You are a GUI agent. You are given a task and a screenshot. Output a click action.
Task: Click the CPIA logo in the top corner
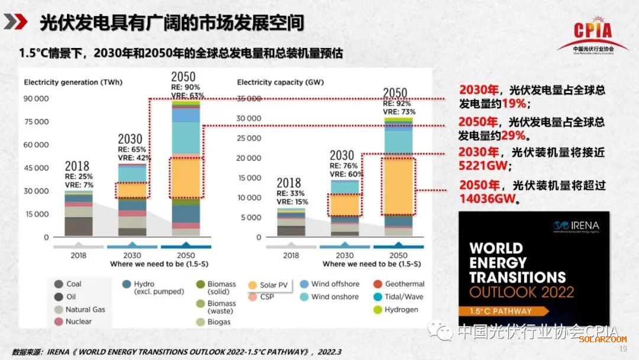(593, 33)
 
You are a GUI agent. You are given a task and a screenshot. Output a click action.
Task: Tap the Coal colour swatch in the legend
(58, 284)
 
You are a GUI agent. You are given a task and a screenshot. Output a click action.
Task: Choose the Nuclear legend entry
(72, 322)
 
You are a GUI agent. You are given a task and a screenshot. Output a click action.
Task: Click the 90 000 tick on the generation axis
(36, 99)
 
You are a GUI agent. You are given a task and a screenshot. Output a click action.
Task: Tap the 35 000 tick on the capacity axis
(248, 99)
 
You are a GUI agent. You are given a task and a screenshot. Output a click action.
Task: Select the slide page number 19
(622, 349)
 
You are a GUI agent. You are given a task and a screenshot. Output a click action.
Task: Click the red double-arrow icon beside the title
(16, 22)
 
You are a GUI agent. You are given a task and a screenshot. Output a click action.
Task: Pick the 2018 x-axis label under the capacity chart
(291, 255)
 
